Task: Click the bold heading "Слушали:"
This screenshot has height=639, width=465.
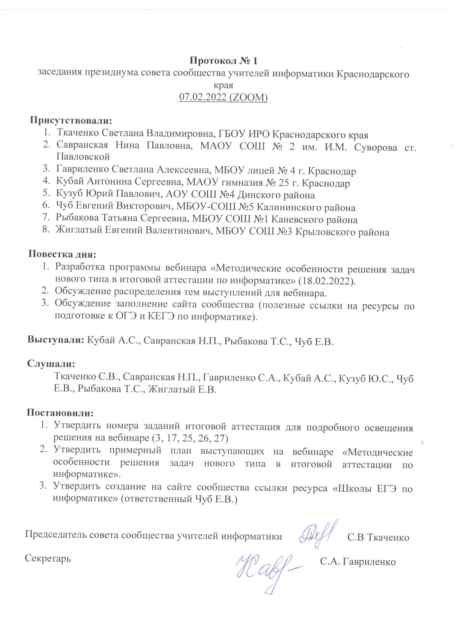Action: click(x=51, y=364)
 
